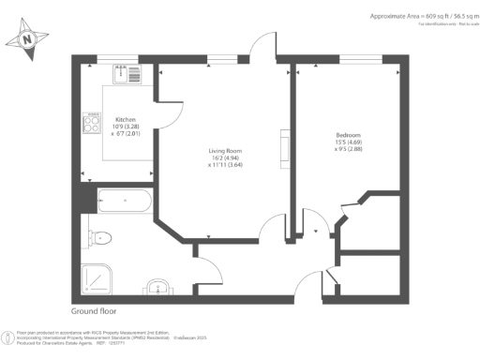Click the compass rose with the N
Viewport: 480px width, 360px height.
(x=28, y=39)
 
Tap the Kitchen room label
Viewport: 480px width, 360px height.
(x=127, y=120)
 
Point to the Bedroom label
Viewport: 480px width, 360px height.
(x=348, y=135)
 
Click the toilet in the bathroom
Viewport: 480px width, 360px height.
(x=100, y=235)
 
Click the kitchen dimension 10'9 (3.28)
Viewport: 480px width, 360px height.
(x=127, y=127)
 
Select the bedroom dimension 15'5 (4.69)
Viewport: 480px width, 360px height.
(x=349, y=142)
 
